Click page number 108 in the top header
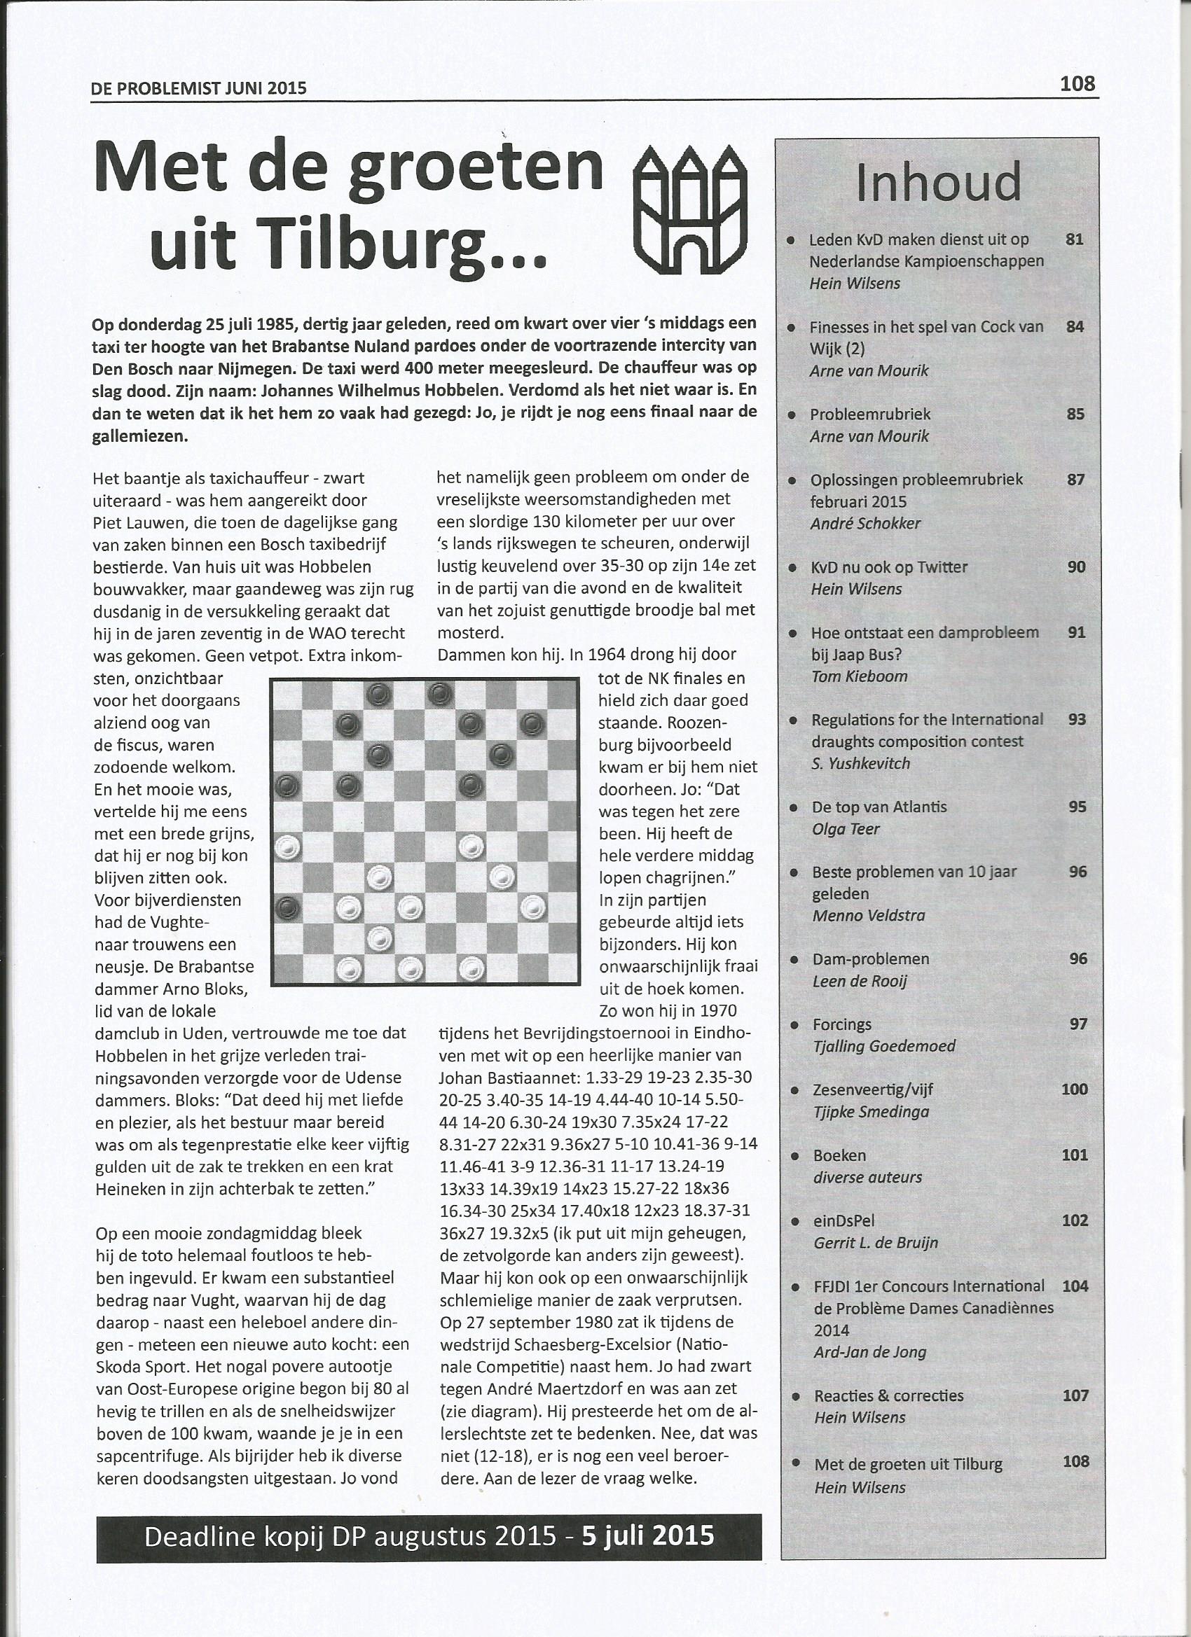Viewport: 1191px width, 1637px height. [x=1077, y=84]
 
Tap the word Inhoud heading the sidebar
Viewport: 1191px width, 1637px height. [x=938, y=182]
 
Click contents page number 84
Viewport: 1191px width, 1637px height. [x=1075, y=326]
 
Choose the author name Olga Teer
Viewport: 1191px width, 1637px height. [x=846, y=828]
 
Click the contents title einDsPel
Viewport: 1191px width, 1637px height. [x=843, y=1220]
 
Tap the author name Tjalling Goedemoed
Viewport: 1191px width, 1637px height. [x=883, y=1046]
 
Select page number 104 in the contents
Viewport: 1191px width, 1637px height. [x=1075, y=1286]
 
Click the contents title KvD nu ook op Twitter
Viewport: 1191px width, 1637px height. [x=888, y=567]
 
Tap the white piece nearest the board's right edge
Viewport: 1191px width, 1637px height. [x=533, y=907]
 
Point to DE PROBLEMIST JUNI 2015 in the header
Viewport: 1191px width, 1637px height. [x=199, y=88]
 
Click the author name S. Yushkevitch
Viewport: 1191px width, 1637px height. [x=860, y=763]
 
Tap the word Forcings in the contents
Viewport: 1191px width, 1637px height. [x=841, y=1024]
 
